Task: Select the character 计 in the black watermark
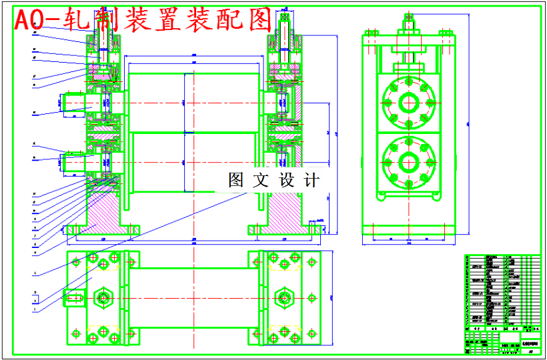click(312, 180)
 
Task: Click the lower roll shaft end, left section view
click(73, 161)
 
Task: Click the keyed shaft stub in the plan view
click(75, 297)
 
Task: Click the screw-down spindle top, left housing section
click(101, 27)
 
